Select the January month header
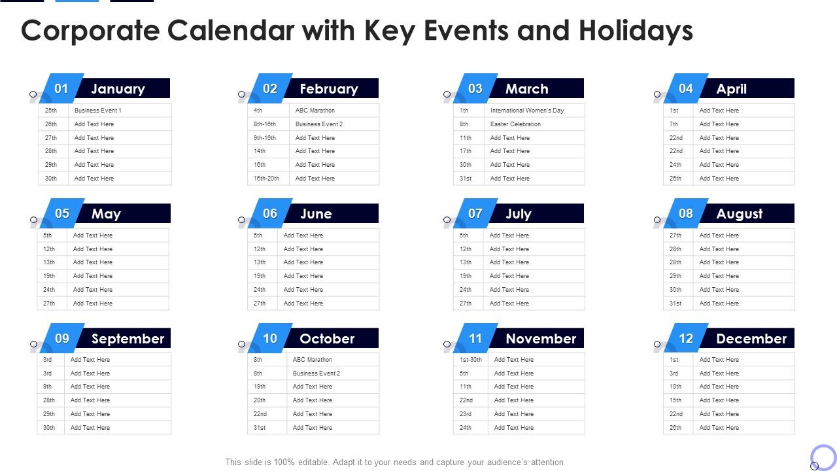(118, 89)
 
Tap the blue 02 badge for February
(270, 89)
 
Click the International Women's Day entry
(527, 111)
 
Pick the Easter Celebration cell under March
(515, 124)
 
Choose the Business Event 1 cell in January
(98, 111)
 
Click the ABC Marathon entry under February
(315, 111)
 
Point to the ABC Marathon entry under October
(312, 360)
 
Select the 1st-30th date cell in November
(470, 360)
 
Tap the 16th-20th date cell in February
(266, 179)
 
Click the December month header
(751, 339)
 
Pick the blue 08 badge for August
(686, 214)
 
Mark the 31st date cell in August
(675, 304)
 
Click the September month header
(128, 339)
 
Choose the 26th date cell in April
(675, 179)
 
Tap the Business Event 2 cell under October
(316, 374)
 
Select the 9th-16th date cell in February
(265, 138)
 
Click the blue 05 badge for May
(62, 214)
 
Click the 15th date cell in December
(675, 400)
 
